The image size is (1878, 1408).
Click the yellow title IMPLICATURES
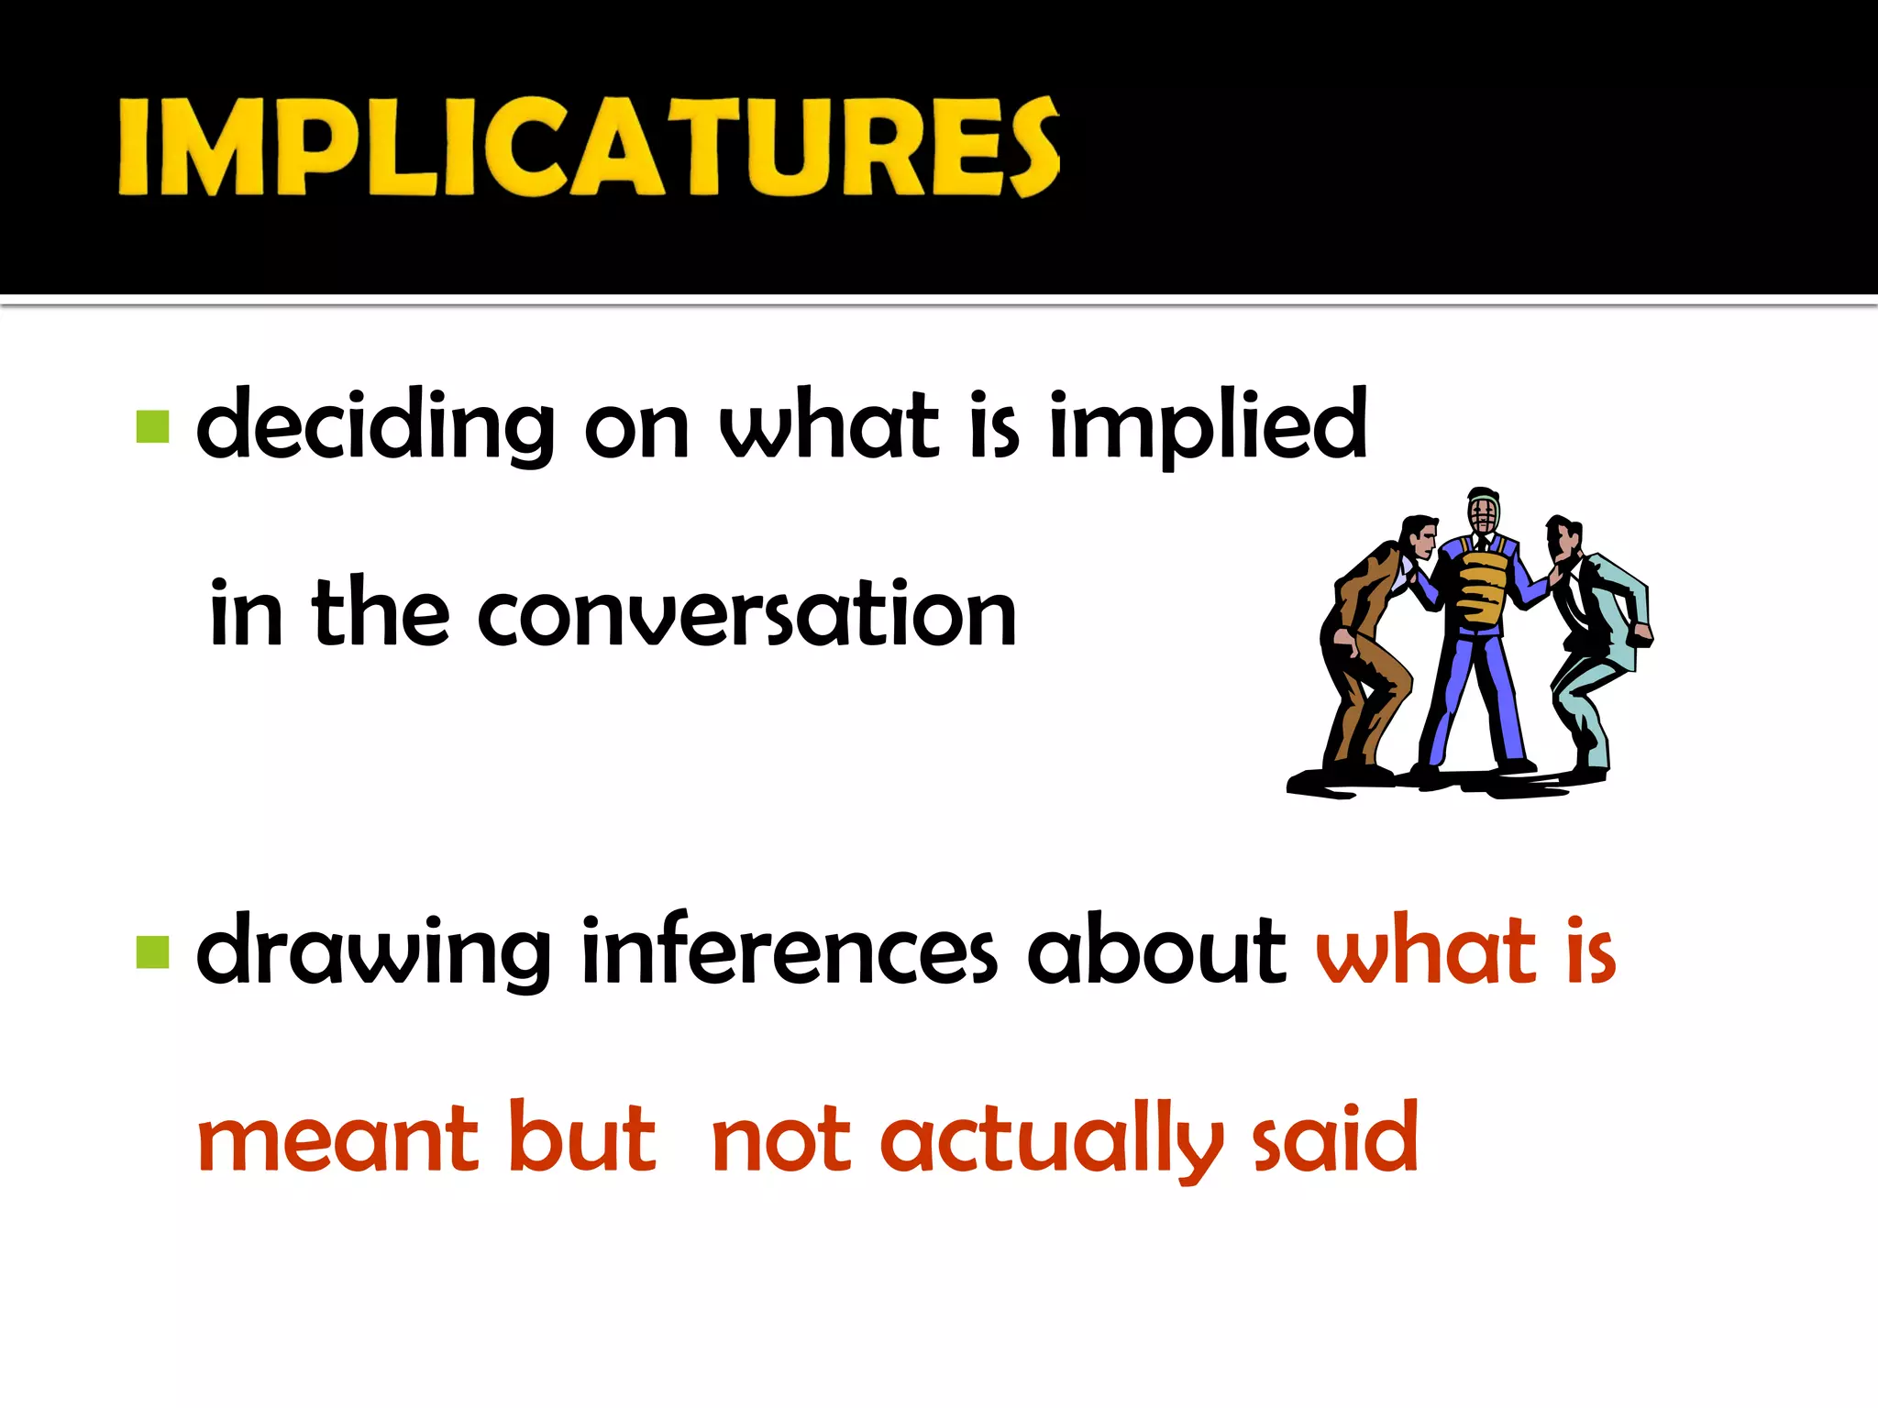[589, 147]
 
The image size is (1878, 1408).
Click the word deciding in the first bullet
[375, 426]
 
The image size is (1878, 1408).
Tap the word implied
[1208, 426]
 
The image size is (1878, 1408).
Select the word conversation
[746, 614]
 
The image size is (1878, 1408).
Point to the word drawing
[373, 953]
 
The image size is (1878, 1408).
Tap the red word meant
[337, 1139]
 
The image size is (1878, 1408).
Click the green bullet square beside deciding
[153, 427]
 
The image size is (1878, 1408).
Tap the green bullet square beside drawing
[153, 952]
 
